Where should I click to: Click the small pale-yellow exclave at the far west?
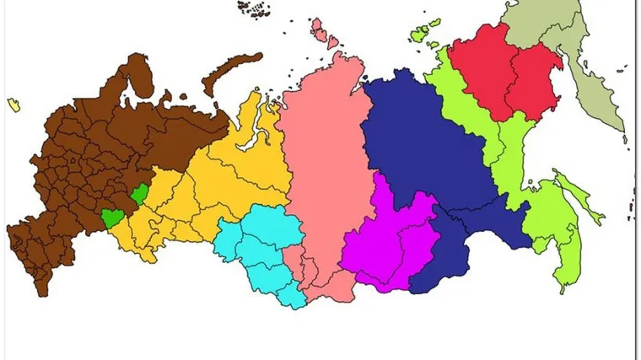pyautogui.click(x=13, y=104)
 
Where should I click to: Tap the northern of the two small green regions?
pyautogui.click(x=139, y=195)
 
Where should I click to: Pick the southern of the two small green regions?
pyautogui.click(x=111, y=218)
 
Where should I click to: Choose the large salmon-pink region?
pyautogui.click(x=325, y=169)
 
